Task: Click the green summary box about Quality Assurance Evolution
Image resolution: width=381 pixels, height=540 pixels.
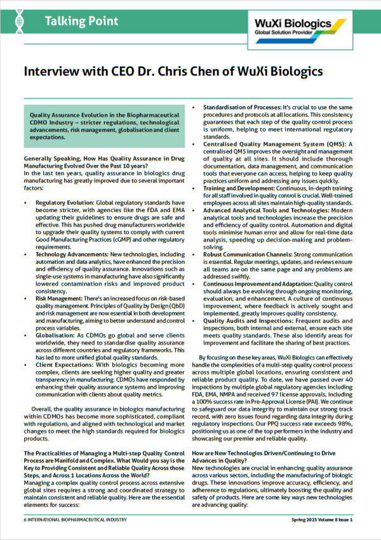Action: point(104,123)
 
